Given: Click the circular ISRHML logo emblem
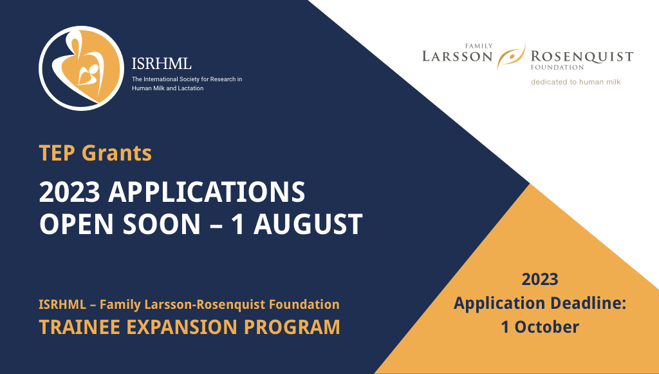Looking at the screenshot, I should click(81, 68).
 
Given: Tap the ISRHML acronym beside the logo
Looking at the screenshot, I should click(162, 64).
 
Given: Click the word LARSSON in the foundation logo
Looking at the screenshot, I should click(458, 57).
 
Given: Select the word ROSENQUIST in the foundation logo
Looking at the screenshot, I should click(582, 57).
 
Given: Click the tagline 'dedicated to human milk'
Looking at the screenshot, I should click(575, 82).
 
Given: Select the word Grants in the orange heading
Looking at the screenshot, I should click(119, 153).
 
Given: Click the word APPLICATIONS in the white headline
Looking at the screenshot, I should click(207, 192).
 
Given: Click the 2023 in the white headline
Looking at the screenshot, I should click(69, 192).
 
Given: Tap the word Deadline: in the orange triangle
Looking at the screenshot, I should click(586, 303).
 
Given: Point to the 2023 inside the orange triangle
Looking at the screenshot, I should click(539, 279).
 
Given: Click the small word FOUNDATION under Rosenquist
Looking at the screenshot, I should click(557, 67).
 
